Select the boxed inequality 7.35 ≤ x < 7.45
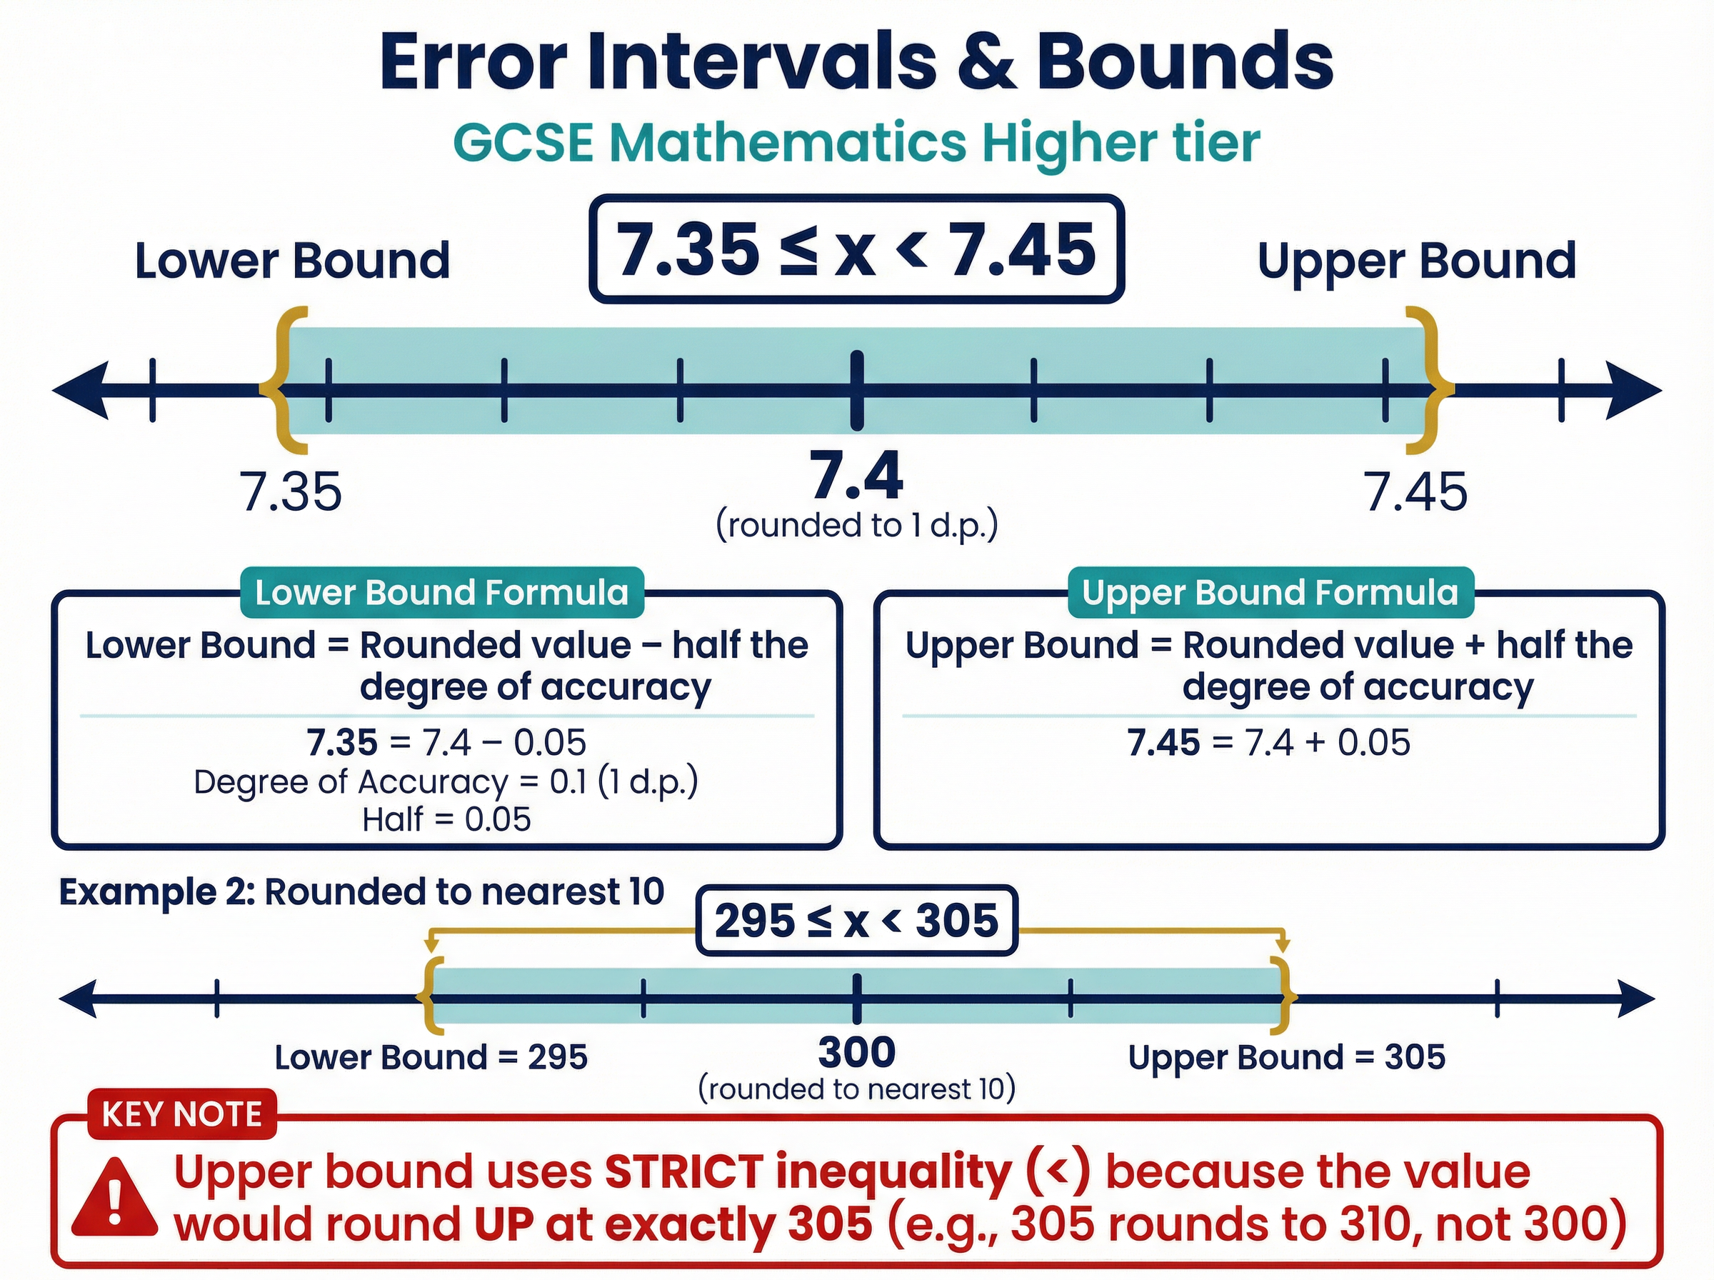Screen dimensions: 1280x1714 tap(856, 249)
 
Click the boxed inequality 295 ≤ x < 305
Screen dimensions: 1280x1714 tap(856, 921)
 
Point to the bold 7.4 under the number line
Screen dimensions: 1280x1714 tap(856, 476)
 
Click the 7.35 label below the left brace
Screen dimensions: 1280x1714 tap(291, 492)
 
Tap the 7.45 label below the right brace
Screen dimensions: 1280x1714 tap(1415, 492)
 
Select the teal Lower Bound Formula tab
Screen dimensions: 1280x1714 tap(441, 593)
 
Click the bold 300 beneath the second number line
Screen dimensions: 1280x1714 tap(856, 1051)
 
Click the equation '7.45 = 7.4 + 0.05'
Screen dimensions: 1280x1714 tap(1268, 742)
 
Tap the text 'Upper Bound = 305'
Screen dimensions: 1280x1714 tap(1286, 1057)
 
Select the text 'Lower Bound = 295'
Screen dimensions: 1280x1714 tap(431, 1057)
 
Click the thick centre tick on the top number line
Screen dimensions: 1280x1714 tap(856, 391)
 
